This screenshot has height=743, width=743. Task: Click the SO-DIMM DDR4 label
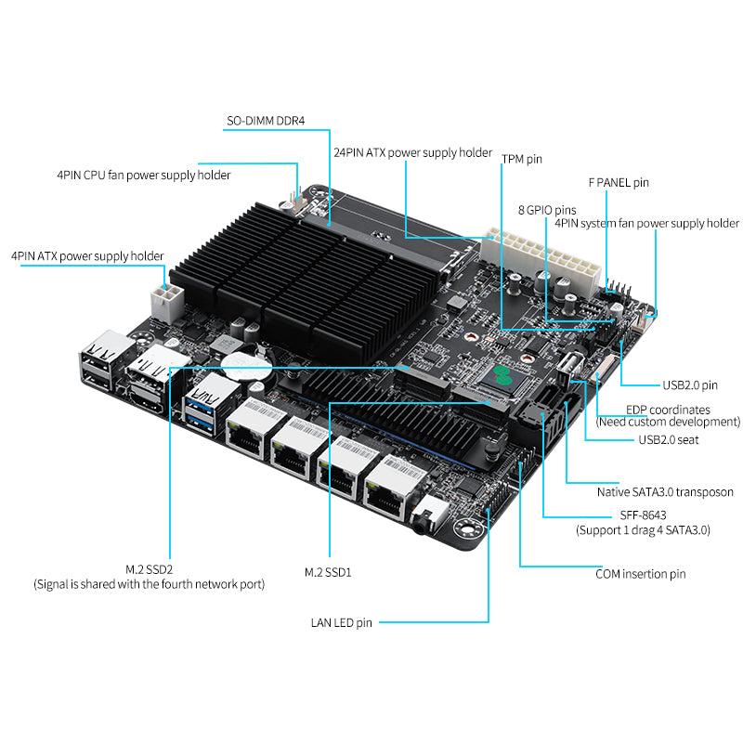tap(266, 121)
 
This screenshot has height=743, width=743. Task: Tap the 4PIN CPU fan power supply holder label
tap(143, 175)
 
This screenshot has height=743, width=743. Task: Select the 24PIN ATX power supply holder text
tap(412, 152)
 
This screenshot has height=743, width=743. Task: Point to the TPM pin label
tap(522, 159)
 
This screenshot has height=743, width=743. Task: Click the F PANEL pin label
tap(619, 183)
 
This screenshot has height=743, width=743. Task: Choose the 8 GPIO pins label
tap(546, 210)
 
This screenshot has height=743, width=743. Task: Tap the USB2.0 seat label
tap(669, 439)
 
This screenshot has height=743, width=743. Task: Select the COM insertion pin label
tap(640, 574)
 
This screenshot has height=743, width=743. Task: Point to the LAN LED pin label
tap(341, 622)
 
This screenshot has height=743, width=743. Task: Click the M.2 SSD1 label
tap(328, 572)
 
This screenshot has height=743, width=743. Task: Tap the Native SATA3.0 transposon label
tap(665, 492)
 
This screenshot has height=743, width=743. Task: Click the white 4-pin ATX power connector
tap(165, 301)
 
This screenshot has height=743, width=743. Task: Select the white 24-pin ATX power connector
tap(537, 259)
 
